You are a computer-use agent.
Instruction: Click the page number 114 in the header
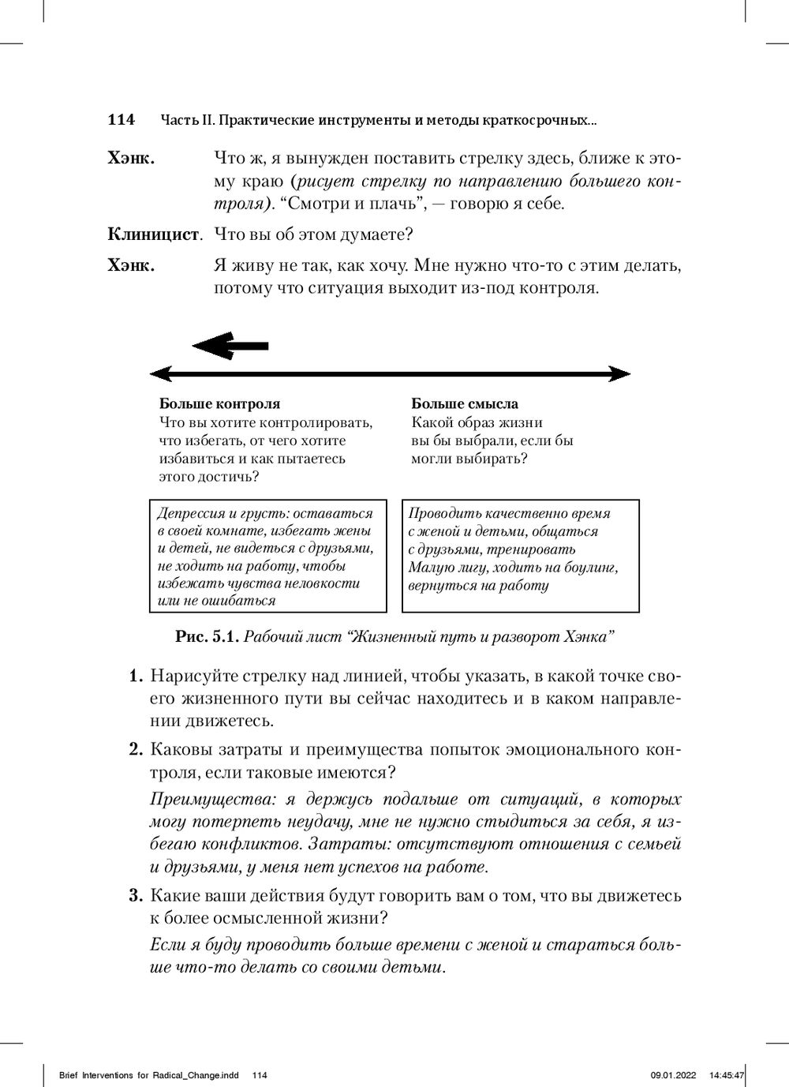[121, 120]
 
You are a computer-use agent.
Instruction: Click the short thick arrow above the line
[230, 346]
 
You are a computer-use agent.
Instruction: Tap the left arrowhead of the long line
[161, 373]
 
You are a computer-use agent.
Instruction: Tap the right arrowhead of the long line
[620, 373]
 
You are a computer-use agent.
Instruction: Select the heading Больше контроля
[219, 404]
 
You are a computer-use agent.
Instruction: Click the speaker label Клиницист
[153, 234]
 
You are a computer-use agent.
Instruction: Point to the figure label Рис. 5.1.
[207, 636]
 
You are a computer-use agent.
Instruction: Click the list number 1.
[135, 678]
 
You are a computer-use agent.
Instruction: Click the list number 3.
[135, 897]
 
